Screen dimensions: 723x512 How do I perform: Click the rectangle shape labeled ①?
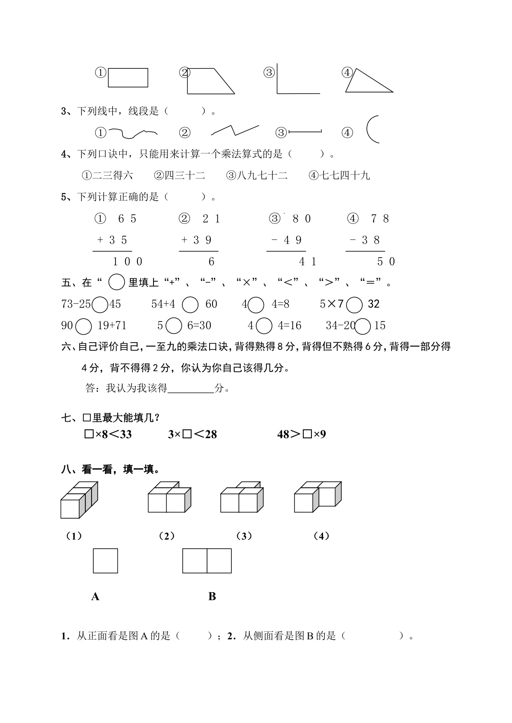[128, 78]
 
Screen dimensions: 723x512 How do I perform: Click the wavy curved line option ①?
[133, 133]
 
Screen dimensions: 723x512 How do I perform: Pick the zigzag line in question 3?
[235, 130]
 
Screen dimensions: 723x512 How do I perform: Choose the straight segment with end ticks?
[305, 132]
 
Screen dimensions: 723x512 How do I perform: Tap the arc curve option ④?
[372, 129]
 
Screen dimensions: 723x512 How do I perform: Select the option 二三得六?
[108, 176]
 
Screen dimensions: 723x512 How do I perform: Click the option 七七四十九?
[340, 176]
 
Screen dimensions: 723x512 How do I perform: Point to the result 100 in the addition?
[127, 261]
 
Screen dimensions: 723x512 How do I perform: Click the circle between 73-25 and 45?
[100, 305]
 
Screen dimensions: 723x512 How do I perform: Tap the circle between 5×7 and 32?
[354, 305]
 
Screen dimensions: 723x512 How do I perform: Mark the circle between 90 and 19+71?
[84, 326]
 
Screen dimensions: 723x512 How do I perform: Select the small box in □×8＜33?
[89, 434]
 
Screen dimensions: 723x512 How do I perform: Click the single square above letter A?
[106, 561]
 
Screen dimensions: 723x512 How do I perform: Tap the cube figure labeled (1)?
[78, 500]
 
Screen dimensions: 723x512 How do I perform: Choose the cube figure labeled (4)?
[317, 497]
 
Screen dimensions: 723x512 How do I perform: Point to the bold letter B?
[212, 596]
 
